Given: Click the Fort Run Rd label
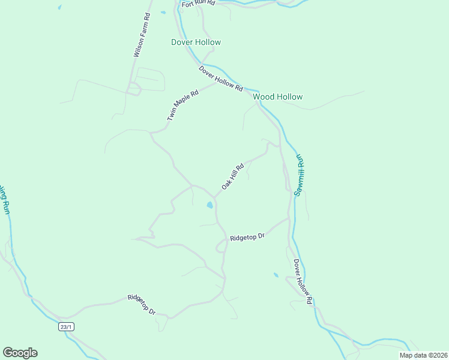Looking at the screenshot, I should pos(198,3).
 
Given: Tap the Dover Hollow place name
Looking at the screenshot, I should pos(196,42).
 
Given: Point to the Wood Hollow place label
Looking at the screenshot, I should pos(277,97).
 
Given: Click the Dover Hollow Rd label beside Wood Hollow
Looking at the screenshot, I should pos(221,79).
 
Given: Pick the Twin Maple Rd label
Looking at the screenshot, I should pos(182,106).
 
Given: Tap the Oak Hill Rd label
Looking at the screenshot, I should pos(232,176).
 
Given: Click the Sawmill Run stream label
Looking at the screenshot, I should pos(300,175).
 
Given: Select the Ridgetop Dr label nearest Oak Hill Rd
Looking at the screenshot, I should pos(247,238).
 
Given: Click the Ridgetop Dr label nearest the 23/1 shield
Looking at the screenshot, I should pos(142,305).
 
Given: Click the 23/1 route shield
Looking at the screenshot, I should pos(67,326).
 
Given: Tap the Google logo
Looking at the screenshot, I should pos(20,353).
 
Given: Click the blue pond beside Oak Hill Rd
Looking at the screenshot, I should pos(209,205).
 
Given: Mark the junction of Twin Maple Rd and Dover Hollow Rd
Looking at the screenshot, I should pos(217,83).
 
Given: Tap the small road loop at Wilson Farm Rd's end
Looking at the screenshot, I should pos(134,89).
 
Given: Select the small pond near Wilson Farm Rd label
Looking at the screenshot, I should pos(163,11).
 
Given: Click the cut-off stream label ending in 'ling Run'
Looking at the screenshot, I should pos(5,200).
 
